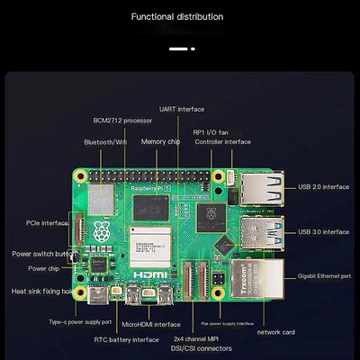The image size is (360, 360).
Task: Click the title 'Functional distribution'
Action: coord(190,16)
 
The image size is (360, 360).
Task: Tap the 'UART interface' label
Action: coord(182,109)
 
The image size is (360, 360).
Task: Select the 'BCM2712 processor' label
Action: coord(123,119)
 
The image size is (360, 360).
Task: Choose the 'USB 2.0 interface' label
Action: coord(323,187)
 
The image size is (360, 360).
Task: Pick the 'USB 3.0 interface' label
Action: coord(323,231)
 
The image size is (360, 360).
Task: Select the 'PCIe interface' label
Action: coord(48,222)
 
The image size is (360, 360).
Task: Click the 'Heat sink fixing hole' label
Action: coord(41,291)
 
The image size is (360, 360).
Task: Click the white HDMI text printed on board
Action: coord(146,272)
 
